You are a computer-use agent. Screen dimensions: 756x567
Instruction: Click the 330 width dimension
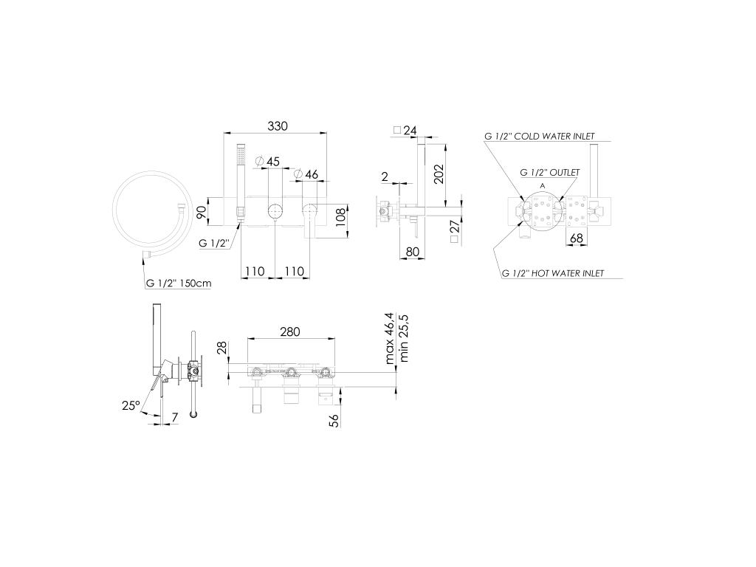[x=278, y=126]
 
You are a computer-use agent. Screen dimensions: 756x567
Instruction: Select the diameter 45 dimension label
[x=267, y=161]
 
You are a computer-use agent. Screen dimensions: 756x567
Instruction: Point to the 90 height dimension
[x=202, y=211]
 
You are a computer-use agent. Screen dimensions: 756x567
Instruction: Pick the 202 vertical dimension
[x=439, y=173]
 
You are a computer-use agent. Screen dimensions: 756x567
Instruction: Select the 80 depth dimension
[x=413, y=251]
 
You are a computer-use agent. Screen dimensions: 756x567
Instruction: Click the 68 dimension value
[x=577, y=238]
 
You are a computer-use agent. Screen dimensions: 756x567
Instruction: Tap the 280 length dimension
[x=289, y=331]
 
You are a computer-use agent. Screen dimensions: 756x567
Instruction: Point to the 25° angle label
[x=131, y=405]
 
